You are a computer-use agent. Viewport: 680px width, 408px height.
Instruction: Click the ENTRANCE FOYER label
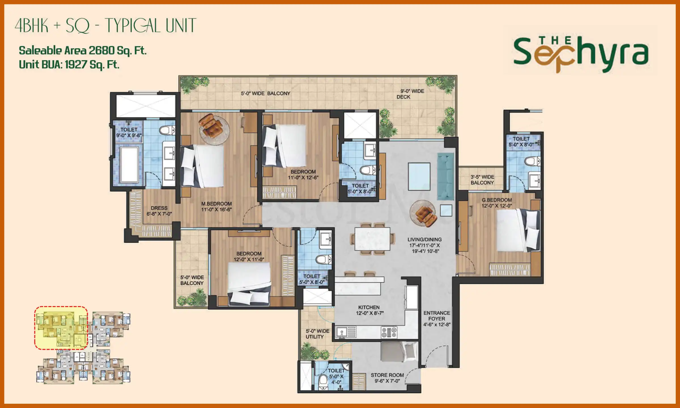437,319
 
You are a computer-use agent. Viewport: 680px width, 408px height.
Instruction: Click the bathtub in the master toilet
129,164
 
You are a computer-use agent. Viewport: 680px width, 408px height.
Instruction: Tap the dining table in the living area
372,239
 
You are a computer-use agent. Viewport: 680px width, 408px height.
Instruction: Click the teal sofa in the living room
445,176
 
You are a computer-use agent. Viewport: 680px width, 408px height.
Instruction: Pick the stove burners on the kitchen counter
389,332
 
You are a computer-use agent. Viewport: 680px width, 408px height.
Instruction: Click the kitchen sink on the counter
342,332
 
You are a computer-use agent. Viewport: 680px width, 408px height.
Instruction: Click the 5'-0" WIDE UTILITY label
317,334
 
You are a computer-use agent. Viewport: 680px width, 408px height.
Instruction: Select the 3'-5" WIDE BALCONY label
482,180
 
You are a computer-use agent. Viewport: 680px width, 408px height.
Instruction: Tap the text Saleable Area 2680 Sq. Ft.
82,50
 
